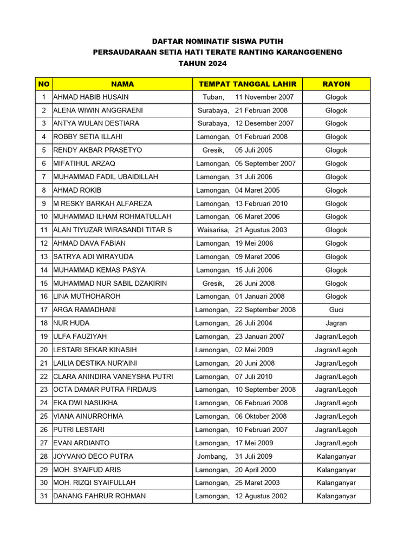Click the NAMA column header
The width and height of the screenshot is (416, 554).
(122, 84)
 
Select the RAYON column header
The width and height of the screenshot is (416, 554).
(336, 84)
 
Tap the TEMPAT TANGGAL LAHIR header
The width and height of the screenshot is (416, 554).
(248, 84)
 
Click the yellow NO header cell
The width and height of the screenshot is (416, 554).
(44, 84)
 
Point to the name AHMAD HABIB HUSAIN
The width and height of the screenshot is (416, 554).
(91, 97)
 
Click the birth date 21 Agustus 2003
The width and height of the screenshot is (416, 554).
(261, 230)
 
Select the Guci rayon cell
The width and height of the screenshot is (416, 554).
(336, 310)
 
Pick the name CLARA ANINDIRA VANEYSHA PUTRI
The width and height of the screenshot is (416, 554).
(113, 377)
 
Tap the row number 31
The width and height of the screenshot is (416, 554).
(44, 496)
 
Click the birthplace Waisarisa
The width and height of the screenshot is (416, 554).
(213, 230)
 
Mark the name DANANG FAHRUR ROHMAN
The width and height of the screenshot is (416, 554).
(99, 496)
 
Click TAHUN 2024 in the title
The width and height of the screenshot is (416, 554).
(202, 64)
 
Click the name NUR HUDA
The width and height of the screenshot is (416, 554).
(71, 323)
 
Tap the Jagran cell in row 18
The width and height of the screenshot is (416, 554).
(336, 323)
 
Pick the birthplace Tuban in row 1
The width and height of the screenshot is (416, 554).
(213, 97)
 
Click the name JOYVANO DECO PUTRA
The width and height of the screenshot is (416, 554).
(93, 456)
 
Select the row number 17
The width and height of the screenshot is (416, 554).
(44, 310)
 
